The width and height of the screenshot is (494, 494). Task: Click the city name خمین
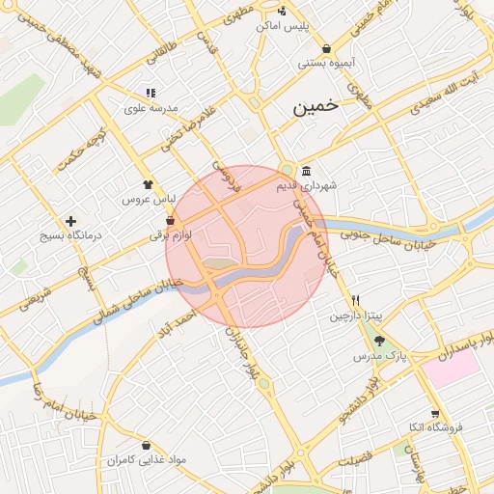click(318, 108)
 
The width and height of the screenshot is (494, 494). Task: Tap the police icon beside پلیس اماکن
click(282, 12)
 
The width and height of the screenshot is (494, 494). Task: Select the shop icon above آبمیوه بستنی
click(327, 47)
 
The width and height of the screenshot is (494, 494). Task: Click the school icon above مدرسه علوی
click(151, 94)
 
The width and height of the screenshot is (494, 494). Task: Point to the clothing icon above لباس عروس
click(148, 183)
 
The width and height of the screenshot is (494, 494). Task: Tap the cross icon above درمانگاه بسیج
click(70, 221)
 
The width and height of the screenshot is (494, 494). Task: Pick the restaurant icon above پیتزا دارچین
click(356, 300)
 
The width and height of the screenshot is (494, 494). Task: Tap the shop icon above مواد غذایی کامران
click(145, 446)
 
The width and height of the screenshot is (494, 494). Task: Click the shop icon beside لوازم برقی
click(171, 220)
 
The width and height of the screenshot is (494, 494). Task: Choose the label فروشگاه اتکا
click(436, 425)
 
